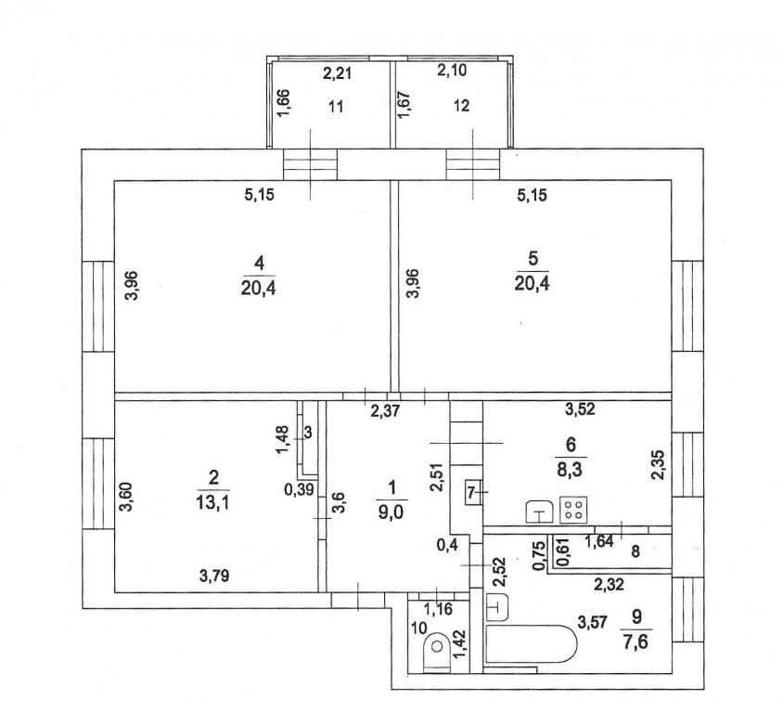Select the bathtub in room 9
[x=531, y=644]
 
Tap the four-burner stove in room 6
[x=573, y=510]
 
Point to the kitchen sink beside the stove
[x=539, y=512]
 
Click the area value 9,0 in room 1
[x=391, y=512]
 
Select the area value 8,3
[x=570, y=470]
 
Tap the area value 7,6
[x=636, y=642]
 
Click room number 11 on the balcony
[x=336, y=107]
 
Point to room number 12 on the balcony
[x=462, y=106]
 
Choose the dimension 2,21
[x=338, y=74]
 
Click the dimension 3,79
[x=214, y=577]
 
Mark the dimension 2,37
[x=385, y=411]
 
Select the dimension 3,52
[x=580, y=409]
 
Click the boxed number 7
[x=470, y=493]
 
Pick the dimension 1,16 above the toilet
[x=438, y=609]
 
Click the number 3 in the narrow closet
[x=308, y=433]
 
